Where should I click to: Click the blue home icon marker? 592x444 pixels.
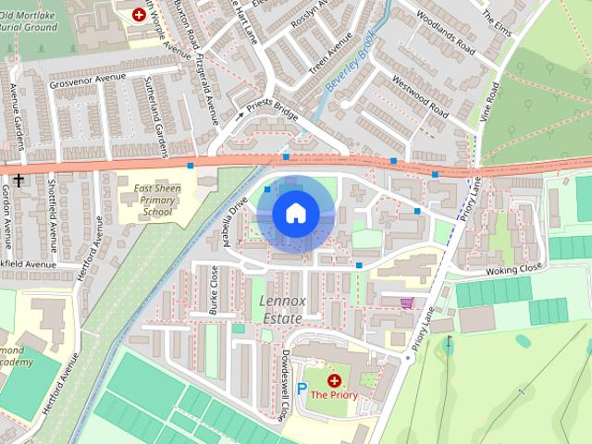point(295,214)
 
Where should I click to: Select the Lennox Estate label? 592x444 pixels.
point(281,310)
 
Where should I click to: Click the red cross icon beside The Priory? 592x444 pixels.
point(334,380)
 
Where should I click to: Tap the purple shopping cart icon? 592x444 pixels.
point(406,302)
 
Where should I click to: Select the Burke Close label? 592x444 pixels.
point(215,290)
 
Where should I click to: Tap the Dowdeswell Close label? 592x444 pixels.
point(287,383)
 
